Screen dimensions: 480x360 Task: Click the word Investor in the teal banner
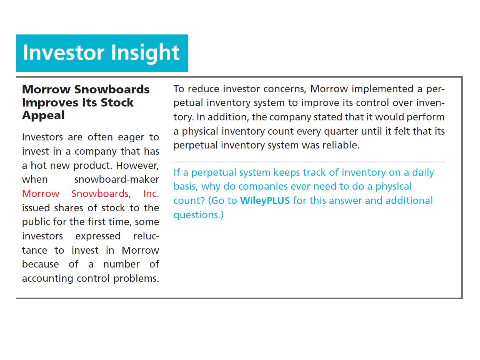pyautogui.click(x=63, y=52)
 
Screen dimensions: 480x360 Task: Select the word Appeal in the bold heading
pyautogui.click(x=43, y=115)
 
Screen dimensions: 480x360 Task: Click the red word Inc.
pyautogui.click(x=151, y=194)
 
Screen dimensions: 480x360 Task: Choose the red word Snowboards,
pyautogui.click(x=101, y=194)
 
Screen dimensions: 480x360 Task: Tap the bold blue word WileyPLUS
pyautogui.click(x=265, y=201)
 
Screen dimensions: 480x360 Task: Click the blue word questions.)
pyautogui.click(x=199, y=215)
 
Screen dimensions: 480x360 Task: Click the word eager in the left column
pyautogui.click(x=131, y=138)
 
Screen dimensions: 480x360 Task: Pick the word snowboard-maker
pyautogui.click(x=117, y=179)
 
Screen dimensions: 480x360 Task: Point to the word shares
pyautogui.click(x=69, y=208)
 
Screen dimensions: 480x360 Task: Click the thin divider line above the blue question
pyautogui.click(x=309, y=162)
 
